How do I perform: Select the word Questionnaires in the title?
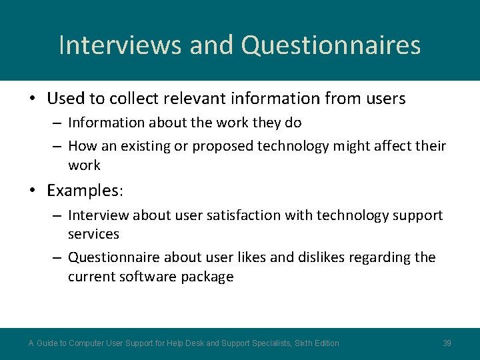331,45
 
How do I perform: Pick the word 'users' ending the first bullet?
385,99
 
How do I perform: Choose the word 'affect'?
388,146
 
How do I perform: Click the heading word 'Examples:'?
85,191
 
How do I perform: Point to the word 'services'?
93,234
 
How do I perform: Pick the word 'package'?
207,277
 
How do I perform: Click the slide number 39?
447,343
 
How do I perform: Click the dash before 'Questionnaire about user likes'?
57,257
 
